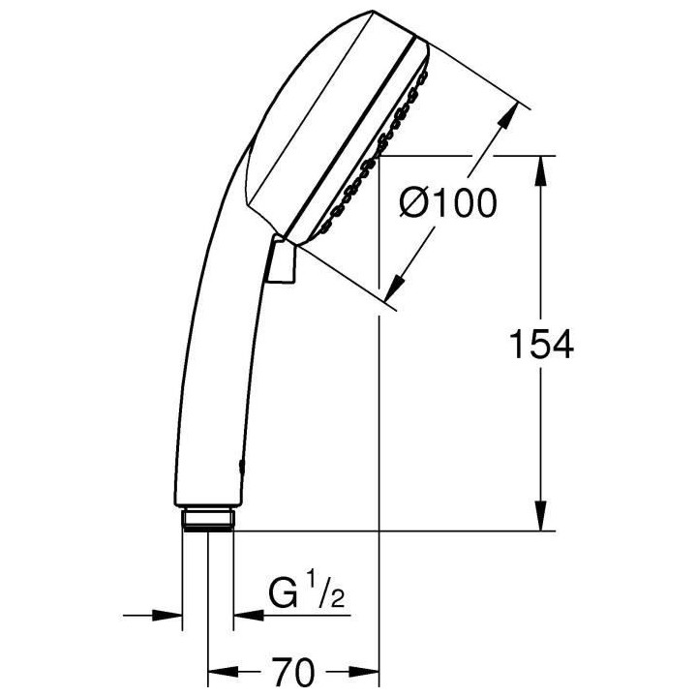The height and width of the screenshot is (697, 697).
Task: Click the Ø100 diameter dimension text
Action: tap(448, 203)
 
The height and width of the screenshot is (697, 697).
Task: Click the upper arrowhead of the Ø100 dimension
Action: tap(502, 120)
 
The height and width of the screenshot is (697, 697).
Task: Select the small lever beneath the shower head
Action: tap(279, 258)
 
